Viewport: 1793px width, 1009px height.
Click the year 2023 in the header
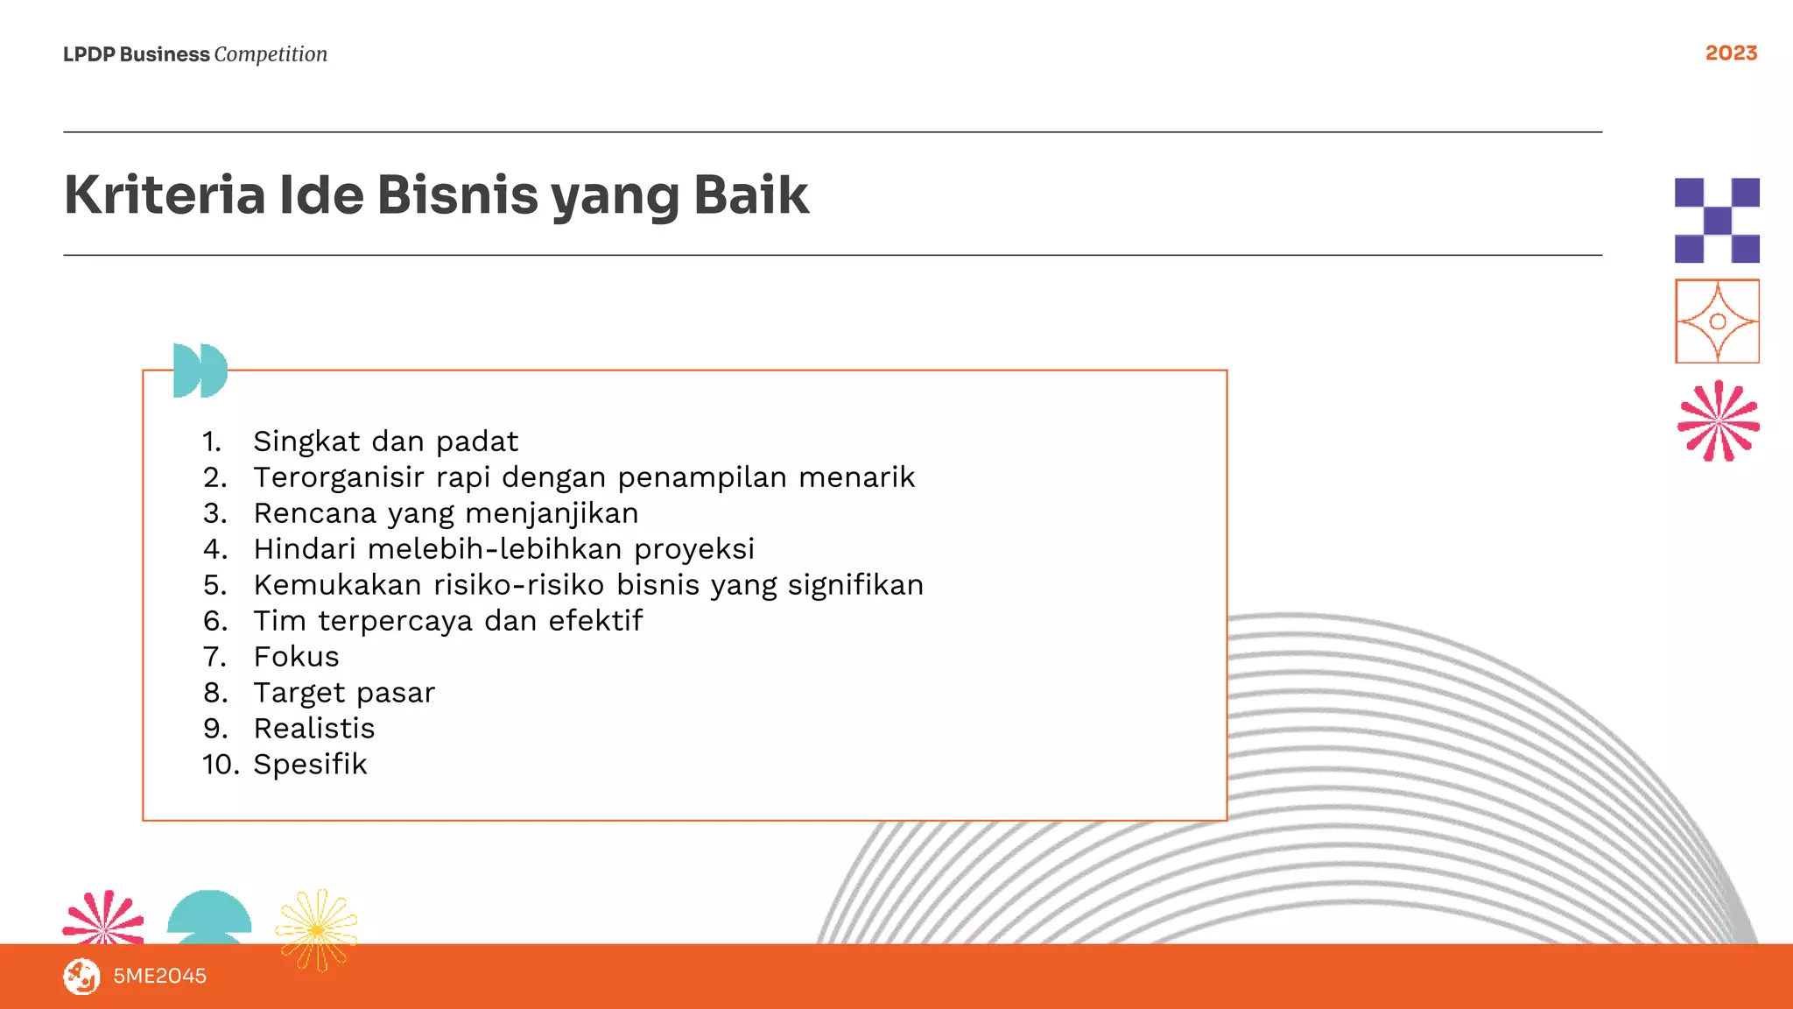[1731, 53]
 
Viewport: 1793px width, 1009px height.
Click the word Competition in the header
[271, 54]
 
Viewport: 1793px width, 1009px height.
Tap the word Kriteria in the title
[165, 194]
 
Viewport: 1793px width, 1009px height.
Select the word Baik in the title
[751, 194]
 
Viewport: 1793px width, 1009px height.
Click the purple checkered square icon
[1717, 221]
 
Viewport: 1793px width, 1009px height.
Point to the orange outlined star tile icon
[1717, 321]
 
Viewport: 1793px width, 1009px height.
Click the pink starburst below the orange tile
[1718, 421]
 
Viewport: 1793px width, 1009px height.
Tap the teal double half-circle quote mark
[200, 370]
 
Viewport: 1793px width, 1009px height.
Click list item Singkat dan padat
[385, 441]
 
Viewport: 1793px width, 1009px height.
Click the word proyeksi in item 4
[693, 549]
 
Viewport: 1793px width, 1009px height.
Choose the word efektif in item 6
[595, 621]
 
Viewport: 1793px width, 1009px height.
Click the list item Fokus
[296, 657]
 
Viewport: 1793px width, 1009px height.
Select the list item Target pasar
[344, 693]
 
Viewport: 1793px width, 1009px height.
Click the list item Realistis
[313, 729]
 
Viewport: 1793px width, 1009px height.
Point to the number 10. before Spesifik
[221, 765]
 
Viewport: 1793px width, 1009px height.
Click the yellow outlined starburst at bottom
[317, 929]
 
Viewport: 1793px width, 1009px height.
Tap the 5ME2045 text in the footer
[159, 976]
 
